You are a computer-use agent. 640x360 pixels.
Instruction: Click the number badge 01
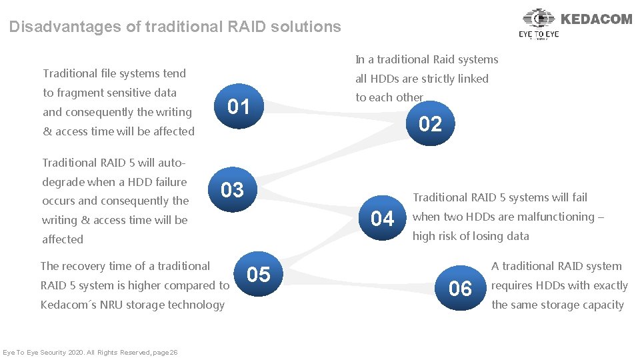point(239,107)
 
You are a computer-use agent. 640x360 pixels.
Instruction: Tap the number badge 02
point(430,124)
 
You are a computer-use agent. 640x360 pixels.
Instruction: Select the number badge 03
point(232,190)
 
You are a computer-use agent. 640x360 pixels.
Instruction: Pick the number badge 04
point(382,218)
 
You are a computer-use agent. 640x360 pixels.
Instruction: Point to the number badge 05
point(259,274)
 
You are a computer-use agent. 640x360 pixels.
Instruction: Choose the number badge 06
point(460,289)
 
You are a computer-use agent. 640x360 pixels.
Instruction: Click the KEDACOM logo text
point(596,19)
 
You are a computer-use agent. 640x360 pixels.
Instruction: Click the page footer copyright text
point(90,352)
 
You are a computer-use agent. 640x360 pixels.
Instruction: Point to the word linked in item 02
point(472,79)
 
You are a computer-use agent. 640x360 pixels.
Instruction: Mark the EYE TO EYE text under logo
point(539,33)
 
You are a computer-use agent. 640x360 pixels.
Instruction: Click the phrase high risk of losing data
point(471,236)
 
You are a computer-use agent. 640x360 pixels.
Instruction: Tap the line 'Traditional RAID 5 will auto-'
point(113,163)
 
